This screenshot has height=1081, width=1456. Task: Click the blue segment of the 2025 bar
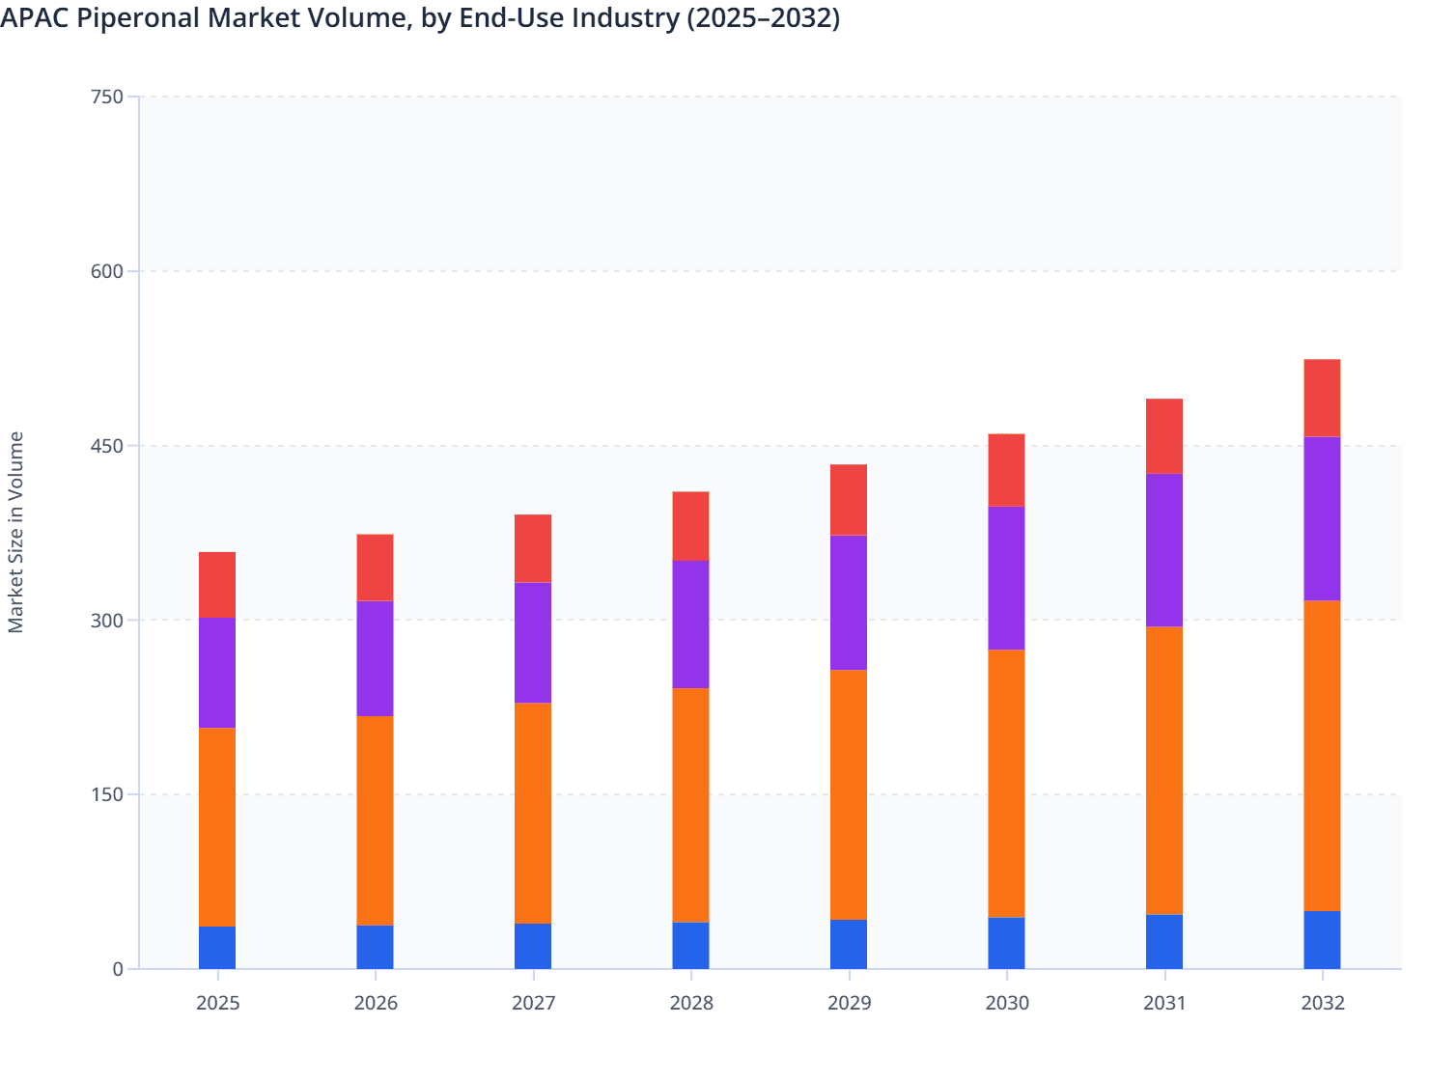click(217, 948)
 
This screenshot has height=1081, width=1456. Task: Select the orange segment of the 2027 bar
click(533, 814)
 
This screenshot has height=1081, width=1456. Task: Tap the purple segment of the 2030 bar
click(1006, 578)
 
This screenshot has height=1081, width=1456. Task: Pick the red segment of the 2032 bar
click(1322, 398)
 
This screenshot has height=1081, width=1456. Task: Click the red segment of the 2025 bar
click(217, 585)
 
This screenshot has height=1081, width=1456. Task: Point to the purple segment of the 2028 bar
click(690, 624)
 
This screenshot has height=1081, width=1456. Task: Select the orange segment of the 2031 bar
click(1164, 770)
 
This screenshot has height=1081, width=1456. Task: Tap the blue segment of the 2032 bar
click(1322, 940)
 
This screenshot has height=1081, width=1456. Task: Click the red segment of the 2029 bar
click(849, 500)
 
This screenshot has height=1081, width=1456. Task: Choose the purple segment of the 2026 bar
click(375, 658)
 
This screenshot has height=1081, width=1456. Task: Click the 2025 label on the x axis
click(217, 1003)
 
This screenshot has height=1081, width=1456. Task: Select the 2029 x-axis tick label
click(849, 1003)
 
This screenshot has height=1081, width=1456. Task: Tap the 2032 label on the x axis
click(1322, 1003)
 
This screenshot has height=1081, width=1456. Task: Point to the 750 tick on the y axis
click(106, 97)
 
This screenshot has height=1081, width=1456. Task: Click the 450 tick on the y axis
click(106, 446)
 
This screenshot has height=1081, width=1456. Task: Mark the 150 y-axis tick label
click(106, 794)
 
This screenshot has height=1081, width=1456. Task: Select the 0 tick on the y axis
click(117, 969)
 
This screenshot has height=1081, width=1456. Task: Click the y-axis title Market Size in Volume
click(15, 532)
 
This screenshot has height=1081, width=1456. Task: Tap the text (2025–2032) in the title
click(763, 18)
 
